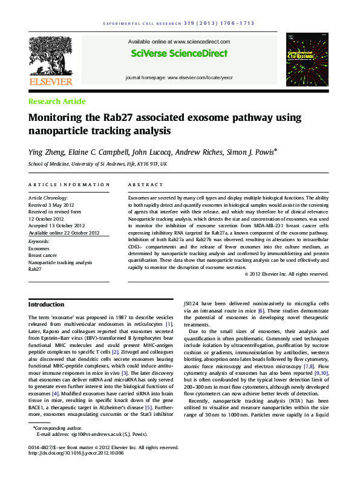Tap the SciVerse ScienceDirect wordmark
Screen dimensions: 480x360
(x=178, y=54)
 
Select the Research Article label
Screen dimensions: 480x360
(x=57, y=102)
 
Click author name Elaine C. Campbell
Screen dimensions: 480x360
(x=99, y=152)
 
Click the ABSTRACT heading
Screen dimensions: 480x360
(x=146, y=184)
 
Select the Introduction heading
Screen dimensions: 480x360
(x=46, y=304)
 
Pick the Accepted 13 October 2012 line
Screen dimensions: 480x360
(x=57, y=225)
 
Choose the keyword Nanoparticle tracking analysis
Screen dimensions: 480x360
(x=61, y=262)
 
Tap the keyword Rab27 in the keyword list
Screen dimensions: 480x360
(x=36, y=270)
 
